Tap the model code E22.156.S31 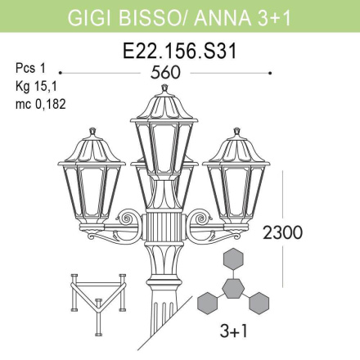[179, 50]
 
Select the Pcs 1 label [29, 68]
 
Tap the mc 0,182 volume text [40, 104]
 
